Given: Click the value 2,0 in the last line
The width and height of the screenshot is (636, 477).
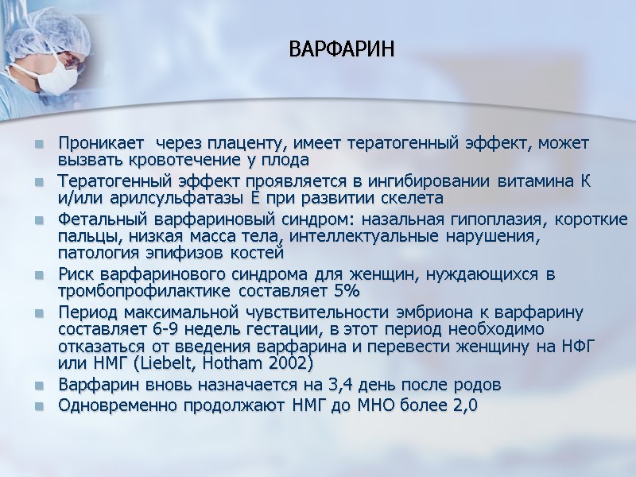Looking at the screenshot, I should point(463,405).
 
